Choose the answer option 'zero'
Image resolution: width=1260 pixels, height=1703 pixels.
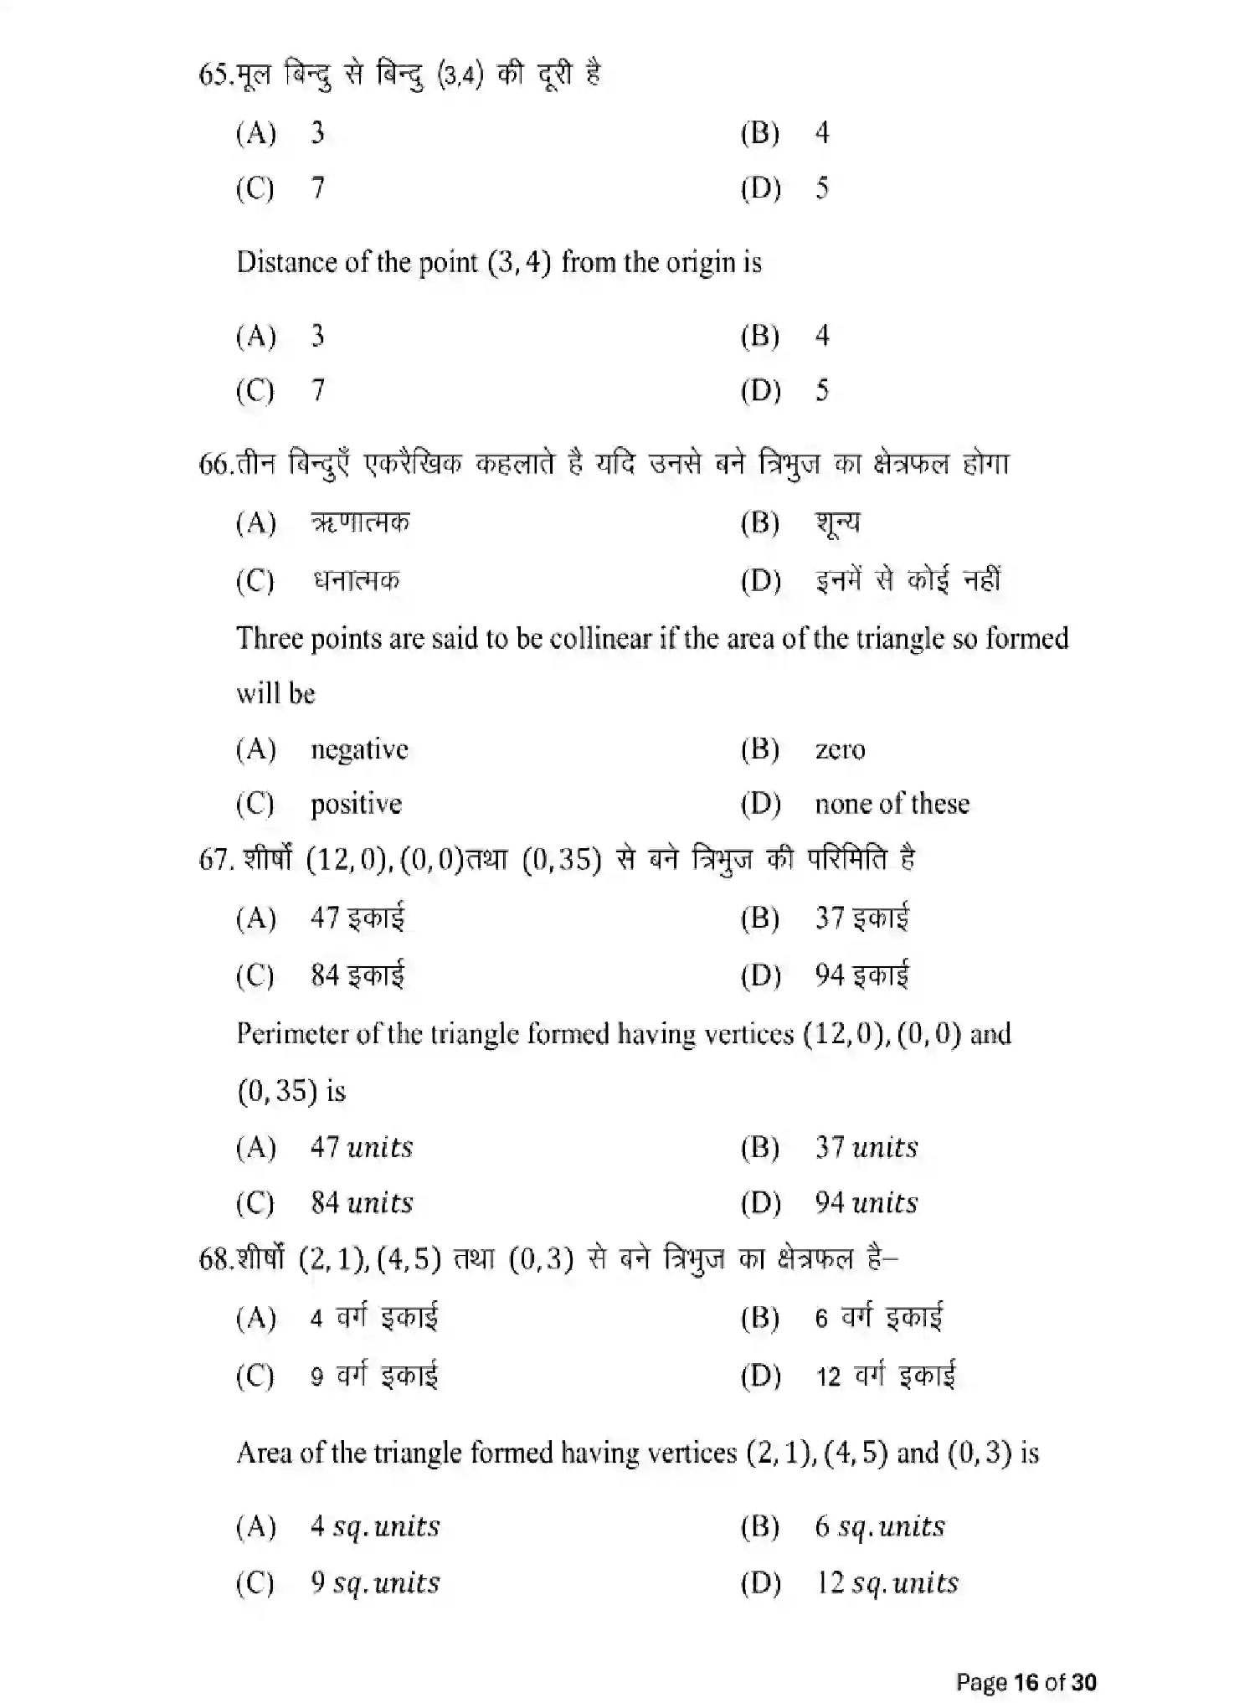click(840, 749)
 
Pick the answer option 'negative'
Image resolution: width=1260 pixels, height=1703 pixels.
click(359, 749)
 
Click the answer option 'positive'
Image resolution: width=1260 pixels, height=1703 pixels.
click(356, 805)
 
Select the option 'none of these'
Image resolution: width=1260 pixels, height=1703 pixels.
click(892, 805)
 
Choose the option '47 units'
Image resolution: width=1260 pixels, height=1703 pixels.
click(362, 1147)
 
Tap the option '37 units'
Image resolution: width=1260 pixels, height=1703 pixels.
click(867, 1147)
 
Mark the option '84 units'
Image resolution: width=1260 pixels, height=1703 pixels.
click(362, 1203)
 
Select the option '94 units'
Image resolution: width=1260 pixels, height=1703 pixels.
click(867, 1203)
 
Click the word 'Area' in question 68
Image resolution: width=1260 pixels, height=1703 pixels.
click(264, 1453)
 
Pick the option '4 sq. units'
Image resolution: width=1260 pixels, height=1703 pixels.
click(374, 1526)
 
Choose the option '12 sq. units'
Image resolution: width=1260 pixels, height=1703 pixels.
click(887, 1583)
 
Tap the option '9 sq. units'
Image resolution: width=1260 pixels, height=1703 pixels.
click(374, 1583)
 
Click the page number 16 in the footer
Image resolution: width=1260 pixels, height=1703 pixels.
click(1026, 1682)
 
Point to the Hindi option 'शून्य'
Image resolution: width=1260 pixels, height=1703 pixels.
click(837, 524)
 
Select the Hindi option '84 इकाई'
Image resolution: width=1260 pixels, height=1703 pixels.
click(357, 975)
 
